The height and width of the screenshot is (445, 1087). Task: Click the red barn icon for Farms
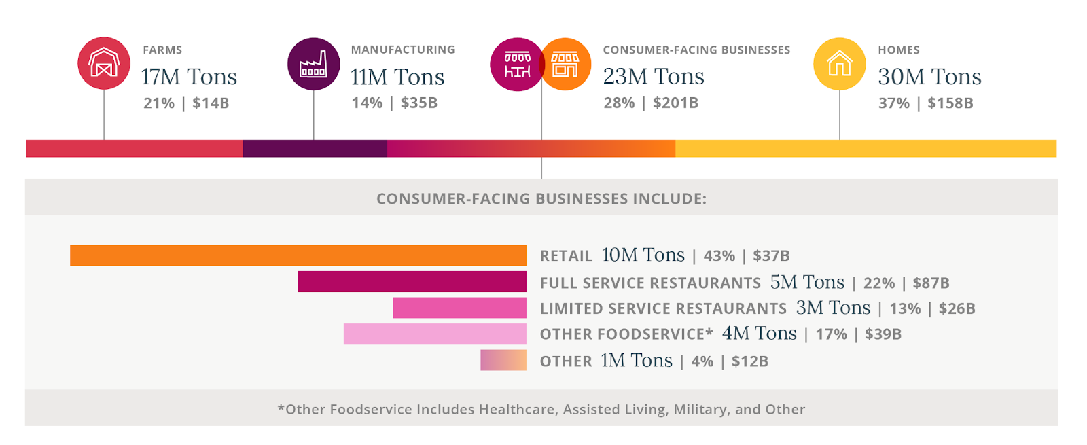click(x=104, y=63)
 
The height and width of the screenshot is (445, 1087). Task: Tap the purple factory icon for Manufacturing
click(x=313, y=64)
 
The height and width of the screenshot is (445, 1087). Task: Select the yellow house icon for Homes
click(x=840, y=64)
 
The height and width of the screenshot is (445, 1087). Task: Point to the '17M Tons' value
click(x=189, y=77)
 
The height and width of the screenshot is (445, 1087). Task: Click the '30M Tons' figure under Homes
click(x=929, y=77)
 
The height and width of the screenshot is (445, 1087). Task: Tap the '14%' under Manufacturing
click(x=367, y=103)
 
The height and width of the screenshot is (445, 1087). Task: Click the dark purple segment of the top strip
click(x=315, y=148)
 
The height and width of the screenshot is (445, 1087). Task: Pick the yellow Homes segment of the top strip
click(x=866, y=148)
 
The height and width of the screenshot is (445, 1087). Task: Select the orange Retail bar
click(x=298, y=255)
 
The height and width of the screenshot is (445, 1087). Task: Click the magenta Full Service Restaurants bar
click(x=412, y=282)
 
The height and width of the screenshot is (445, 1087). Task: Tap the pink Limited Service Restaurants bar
click(x=459, y=308)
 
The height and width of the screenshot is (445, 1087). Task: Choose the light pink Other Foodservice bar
click(x=435, y=334)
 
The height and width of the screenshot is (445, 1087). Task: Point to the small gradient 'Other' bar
click(x=503, y=360)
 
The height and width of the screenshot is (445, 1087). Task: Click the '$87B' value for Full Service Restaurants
click(x=931, y=283)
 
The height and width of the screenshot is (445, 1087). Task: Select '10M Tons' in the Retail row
click(x=643, y=255)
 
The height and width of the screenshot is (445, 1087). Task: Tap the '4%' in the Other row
click(x=702, y=361)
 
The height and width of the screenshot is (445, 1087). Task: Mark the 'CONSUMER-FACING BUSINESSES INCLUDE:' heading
click(x=541, y=199)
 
